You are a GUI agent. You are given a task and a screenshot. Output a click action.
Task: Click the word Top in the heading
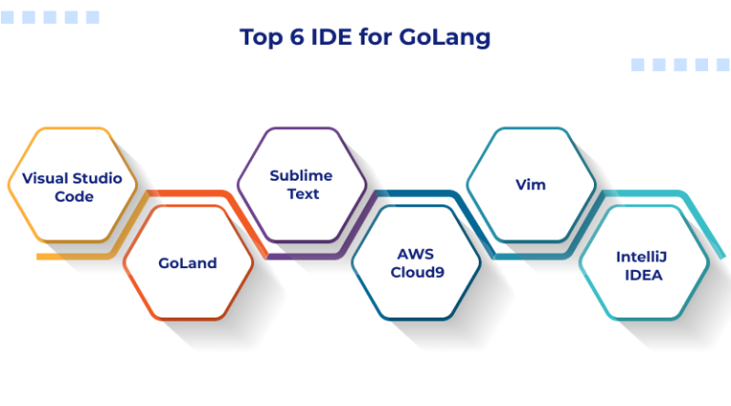pos(259,37)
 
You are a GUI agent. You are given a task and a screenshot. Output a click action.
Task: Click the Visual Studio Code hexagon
pos(72,185)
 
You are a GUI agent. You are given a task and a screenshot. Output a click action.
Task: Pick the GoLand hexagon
pos(188,262)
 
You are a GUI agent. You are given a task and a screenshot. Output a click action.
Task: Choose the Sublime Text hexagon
pos(301,184)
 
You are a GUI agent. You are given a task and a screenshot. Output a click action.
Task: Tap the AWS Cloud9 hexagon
pos(416,262)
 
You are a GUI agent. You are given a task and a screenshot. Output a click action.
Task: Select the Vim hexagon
pos(530,184)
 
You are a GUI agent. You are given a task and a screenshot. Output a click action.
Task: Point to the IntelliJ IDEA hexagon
pos(644,263)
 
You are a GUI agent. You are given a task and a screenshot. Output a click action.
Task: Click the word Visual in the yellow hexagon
pos(45,178)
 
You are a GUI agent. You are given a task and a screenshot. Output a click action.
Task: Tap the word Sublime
pos(301,175)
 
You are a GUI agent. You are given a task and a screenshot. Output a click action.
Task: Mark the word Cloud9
pos(416,272)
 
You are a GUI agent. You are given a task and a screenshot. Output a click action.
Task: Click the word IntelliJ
pos(644,256)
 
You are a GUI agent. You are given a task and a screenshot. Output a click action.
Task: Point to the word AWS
pos(416,254)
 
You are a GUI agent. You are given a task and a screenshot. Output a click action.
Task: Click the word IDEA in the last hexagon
pos(644,274)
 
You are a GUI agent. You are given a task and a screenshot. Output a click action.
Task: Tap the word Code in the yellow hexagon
pos(73,196)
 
